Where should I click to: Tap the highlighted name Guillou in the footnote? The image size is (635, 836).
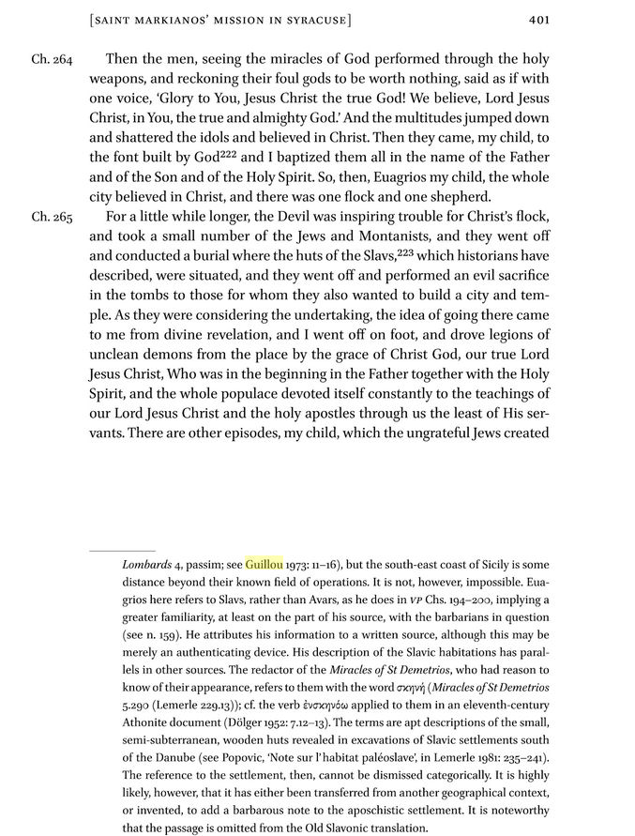pos(264,566)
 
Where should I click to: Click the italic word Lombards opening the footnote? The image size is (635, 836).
pos(146,566)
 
